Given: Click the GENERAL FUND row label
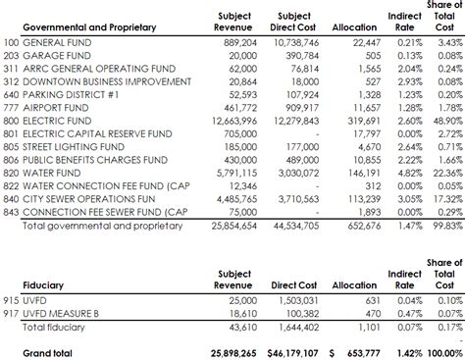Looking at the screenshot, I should click(58, 44).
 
